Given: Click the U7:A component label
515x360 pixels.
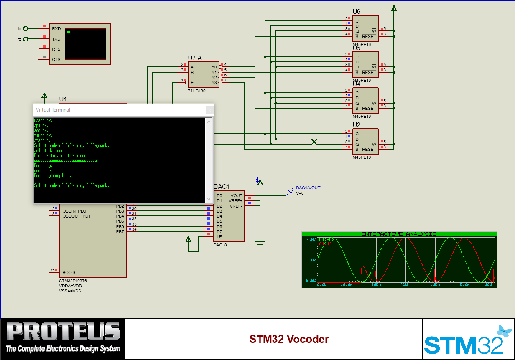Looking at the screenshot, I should click(x=195, y=58).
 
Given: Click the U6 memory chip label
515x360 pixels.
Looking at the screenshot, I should click(x=356, y=12).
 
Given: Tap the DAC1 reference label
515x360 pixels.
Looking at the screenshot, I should click(x=222, y=187).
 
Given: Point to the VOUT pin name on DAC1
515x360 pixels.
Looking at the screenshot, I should click(x=236, y=195).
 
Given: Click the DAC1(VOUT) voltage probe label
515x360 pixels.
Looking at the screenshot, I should click(x=308, y=188).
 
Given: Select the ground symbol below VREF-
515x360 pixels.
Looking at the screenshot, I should click(x=260, y=244).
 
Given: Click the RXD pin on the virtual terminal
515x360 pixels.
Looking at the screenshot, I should click(x=56, y=29).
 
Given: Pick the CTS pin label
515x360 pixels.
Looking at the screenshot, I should click(x=56, y=59).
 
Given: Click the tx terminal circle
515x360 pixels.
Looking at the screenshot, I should click(x=26, y=29).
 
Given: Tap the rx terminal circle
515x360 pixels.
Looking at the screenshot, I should click(x=26, y=39).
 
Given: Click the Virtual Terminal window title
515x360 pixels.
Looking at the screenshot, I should click(x=53, y=110).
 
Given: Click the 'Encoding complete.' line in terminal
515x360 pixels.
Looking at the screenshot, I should click(x=53, y=175).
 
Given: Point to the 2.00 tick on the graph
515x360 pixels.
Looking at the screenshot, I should click(x=311, y=240).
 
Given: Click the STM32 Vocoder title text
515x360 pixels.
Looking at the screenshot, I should click(x=289, y=339).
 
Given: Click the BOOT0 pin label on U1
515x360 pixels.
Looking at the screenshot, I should click(x=69, y=272).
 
